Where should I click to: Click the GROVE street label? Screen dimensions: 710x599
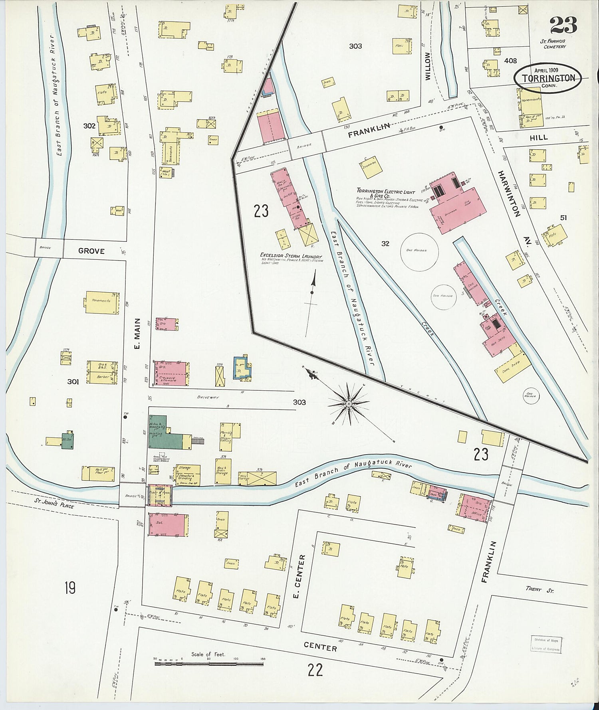[91, 251]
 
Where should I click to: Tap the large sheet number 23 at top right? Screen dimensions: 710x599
[563, 26]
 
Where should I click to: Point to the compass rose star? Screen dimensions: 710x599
[349, 404]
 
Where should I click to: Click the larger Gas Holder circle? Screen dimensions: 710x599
[419, 251]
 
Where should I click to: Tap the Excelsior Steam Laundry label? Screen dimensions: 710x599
[291, 255]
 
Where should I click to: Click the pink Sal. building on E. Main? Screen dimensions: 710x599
[169, 524]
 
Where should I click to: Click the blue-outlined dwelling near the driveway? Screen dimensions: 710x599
[243, 368]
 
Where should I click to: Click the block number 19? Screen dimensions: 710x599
[70, 588]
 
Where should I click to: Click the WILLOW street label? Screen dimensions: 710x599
[428, 66]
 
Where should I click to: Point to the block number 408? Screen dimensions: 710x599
[510, 61]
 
